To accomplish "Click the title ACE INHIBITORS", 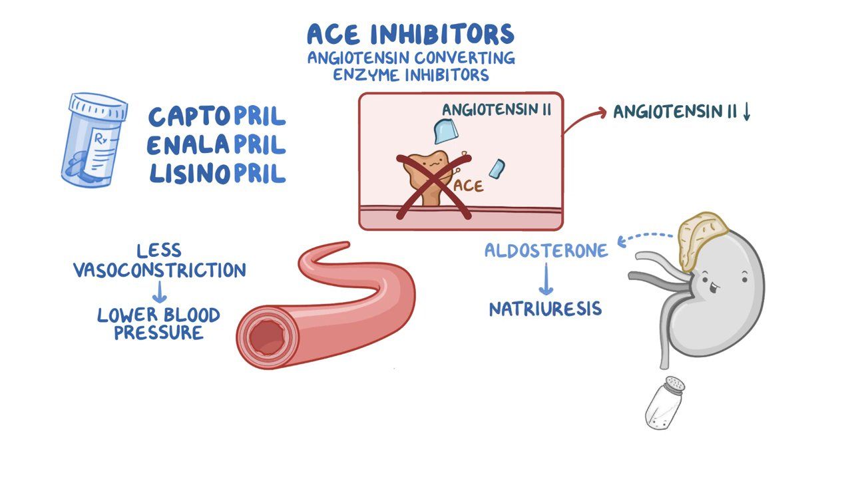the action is click(x=411, y=34).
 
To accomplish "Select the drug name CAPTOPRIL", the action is click(x=217, y=116).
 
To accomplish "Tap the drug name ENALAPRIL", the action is click(x=216, y=145).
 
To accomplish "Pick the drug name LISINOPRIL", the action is click(x=217, y=174).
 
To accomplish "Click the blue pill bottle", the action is click(x=94, y=140).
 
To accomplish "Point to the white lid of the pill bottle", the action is click(x=98, y=106).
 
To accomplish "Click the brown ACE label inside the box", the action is click(x=469, y=186).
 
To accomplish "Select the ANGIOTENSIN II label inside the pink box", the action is click(x=497, y=110).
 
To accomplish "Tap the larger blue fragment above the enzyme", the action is click(x=446, y=131).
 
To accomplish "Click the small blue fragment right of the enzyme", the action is click(x=497, y=169).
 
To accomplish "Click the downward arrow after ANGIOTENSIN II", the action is click(x=747, y=112).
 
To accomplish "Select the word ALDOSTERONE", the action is click(x=546, y=251).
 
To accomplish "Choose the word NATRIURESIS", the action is click(x=545, y=309).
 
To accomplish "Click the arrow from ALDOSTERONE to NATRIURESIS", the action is click(x=546, y=279).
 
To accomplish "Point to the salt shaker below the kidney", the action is click(x=665, y=403).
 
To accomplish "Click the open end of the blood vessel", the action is click(x=267, y=337).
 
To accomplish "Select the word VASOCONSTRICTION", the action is click(x=160, y=270).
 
